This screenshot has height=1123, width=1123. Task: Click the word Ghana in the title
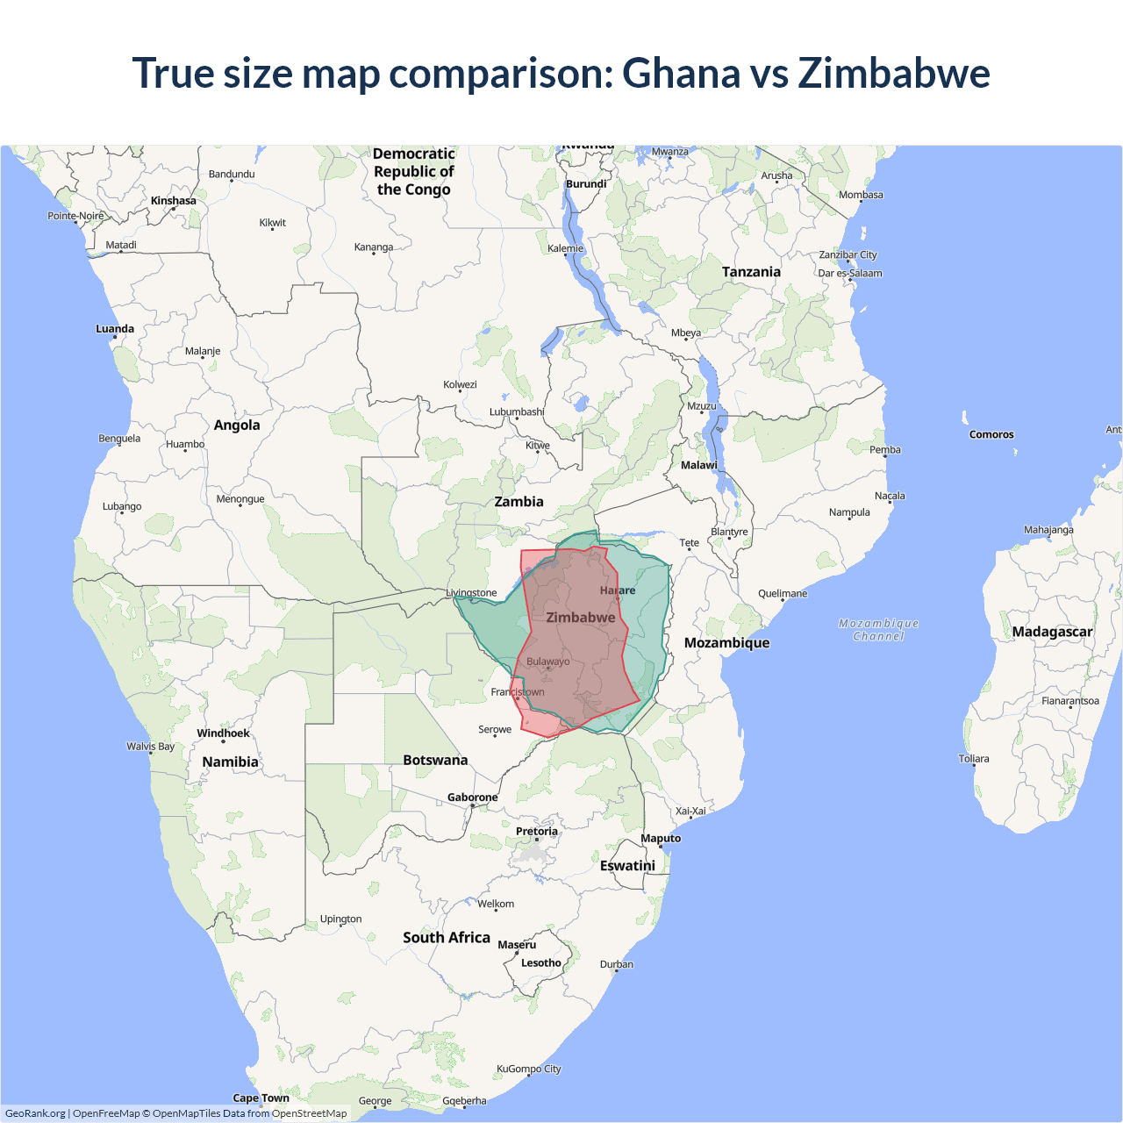click(681, 73)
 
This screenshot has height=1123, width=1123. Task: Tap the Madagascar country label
click(1052, 632)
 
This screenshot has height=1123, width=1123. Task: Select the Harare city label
click(618, 590)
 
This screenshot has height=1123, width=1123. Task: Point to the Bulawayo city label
click(547, 662)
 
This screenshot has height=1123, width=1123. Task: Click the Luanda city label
click(115, 329)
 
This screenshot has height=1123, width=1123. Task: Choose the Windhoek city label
click(223, 733)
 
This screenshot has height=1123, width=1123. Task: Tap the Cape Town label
click(261, 1098)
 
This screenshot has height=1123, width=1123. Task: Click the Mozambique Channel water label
click(878, 630)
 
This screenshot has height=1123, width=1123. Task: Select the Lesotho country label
click(540, 962)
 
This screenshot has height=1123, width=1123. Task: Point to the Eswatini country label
click(627, 866)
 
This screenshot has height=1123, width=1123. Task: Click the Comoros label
click(991, 434)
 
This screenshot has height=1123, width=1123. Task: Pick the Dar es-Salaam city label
click(850, 273)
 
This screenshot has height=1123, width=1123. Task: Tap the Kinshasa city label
click(173, 201)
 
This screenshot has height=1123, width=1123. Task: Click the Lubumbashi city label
click(517, 411)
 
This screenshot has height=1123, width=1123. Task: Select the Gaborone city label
click(472, 798)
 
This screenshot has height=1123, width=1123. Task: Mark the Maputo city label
click(661, 838)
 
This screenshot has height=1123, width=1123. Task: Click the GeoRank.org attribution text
click(35, 1113)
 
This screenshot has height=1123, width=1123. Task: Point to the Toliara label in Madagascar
click(973, 759)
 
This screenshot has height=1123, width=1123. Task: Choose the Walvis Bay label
click(150, 747)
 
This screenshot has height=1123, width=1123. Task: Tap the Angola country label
click(237, 426)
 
